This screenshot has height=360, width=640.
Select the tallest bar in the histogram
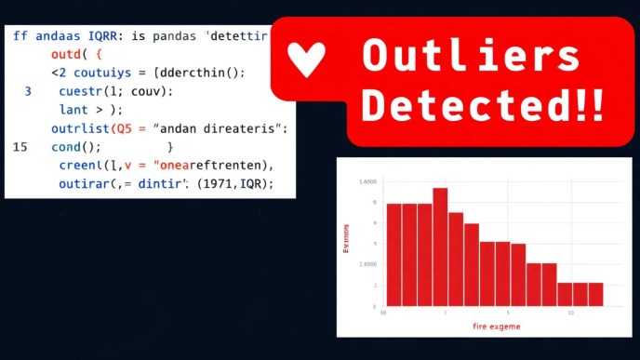[440, 247]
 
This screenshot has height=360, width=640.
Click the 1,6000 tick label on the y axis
[368, 182]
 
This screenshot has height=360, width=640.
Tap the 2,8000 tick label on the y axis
[368, 264]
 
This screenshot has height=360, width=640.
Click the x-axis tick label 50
[382, 313]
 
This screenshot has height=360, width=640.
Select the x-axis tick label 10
[570, 313]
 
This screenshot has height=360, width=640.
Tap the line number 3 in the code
[27, 91]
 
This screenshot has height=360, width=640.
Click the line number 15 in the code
[20, 147]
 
